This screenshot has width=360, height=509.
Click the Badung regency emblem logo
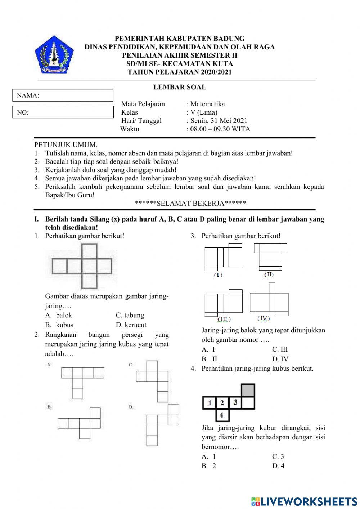pyautogui.click(x=54, y=54)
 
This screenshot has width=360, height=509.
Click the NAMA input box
pyautogui.click(x=63, y=95)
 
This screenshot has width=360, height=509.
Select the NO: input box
pyautogui.click(x=63, y=112)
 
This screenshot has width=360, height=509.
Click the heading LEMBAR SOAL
pyautogui.click(x=180, y=87)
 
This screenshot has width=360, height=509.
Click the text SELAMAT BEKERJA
pyautogui.click(x=190, y=203)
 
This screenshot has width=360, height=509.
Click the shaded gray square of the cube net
pyautogui.click(x=248, y=390)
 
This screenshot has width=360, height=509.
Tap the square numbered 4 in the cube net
pyautogui.click(x=221, y=415)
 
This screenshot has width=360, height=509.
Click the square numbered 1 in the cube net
pyautogui.click(x=209, y=403)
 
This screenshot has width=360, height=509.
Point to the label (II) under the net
pyautogui.click(x=269, y=275)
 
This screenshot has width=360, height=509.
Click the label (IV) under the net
pyautogui.click(x=264, y=318)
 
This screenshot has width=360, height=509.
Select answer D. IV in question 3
pyautogui.click(x=280, y=359)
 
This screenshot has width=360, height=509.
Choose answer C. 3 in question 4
pyautogui.click(x=278, y=457)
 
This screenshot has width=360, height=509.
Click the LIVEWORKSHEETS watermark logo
pyautogui.click(x=304, y=501)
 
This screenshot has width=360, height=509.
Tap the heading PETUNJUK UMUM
pyautogui.click(x=66, y=145)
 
